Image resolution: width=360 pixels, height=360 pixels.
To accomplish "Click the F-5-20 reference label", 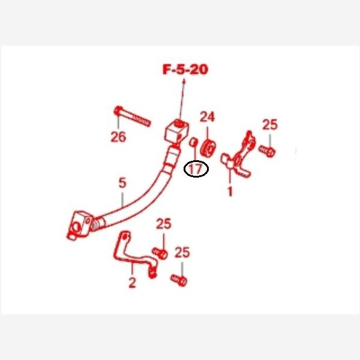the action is coord(185,70).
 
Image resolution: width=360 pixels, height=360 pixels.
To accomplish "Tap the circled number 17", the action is coord(196,169).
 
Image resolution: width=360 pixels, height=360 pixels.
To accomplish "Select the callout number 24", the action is coord(207,116).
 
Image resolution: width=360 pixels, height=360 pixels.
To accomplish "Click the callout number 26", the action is coord(118,137).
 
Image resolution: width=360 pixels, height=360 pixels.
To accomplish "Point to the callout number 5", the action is coord(122,183).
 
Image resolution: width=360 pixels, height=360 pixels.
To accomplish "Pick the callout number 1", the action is coord(230,191).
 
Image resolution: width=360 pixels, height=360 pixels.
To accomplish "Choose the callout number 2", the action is coord(132,283).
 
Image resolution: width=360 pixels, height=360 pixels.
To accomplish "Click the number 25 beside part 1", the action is coord(270,124).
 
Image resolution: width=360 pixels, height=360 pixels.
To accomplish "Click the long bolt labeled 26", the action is coord(132,116).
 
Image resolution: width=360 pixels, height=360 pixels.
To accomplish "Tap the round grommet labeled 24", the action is coord(208,148).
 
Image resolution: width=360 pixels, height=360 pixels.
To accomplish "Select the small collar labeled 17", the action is coord(193,142).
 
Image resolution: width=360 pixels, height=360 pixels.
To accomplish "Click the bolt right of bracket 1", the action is coord(267,151).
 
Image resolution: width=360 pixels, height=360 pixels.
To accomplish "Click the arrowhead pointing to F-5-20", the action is coord(184,82).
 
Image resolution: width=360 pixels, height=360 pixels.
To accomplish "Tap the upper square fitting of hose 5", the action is coord(177,131).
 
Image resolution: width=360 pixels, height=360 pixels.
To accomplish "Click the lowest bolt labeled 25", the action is coord(179,280).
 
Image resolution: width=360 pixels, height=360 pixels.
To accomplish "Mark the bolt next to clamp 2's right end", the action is coord(160,253).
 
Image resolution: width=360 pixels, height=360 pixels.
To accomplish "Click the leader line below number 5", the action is coord(122,199).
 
